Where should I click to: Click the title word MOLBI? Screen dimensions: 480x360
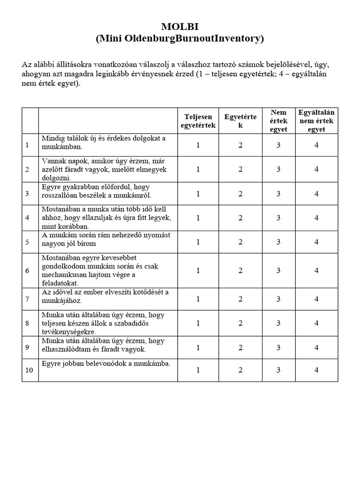[180, 27]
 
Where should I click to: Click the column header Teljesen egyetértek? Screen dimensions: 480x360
[198, 121]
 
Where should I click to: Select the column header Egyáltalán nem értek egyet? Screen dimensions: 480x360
[316, 121]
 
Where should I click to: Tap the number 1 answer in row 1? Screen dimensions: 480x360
[198, 145]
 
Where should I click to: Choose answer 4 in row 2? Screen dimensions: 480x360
[316, 169]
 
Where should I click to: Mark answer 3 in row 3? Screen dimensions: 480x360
[278, 194]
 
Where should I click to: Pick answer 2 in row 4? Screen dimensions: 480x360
[240, 218]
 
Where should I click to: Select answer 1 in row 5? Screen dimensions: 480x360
[198, 242]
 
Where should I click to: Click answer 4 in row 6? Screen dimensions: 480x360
[316, 270]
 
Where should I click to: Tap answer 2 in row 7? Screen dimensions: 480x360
[240, 299]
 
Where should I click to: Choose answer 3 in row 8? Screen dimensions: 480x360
[278, 323]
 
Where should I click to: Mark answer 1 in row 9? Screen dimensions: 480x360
[198, 347]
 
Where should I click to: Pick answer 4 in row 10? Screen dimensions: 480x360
[316, 370]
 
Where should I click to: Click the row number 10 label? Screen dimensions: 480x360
[29, 370]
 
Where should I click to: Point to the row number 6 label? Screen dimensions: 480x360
[28, 271]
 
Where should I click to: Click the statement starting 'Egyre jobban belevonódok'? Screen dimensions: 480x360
[106, 364]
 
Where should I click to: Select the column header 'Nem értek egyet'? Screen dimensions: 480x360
[278, 121]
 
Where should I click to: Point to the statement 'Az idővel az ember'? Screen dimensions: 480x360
[105, 296]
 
